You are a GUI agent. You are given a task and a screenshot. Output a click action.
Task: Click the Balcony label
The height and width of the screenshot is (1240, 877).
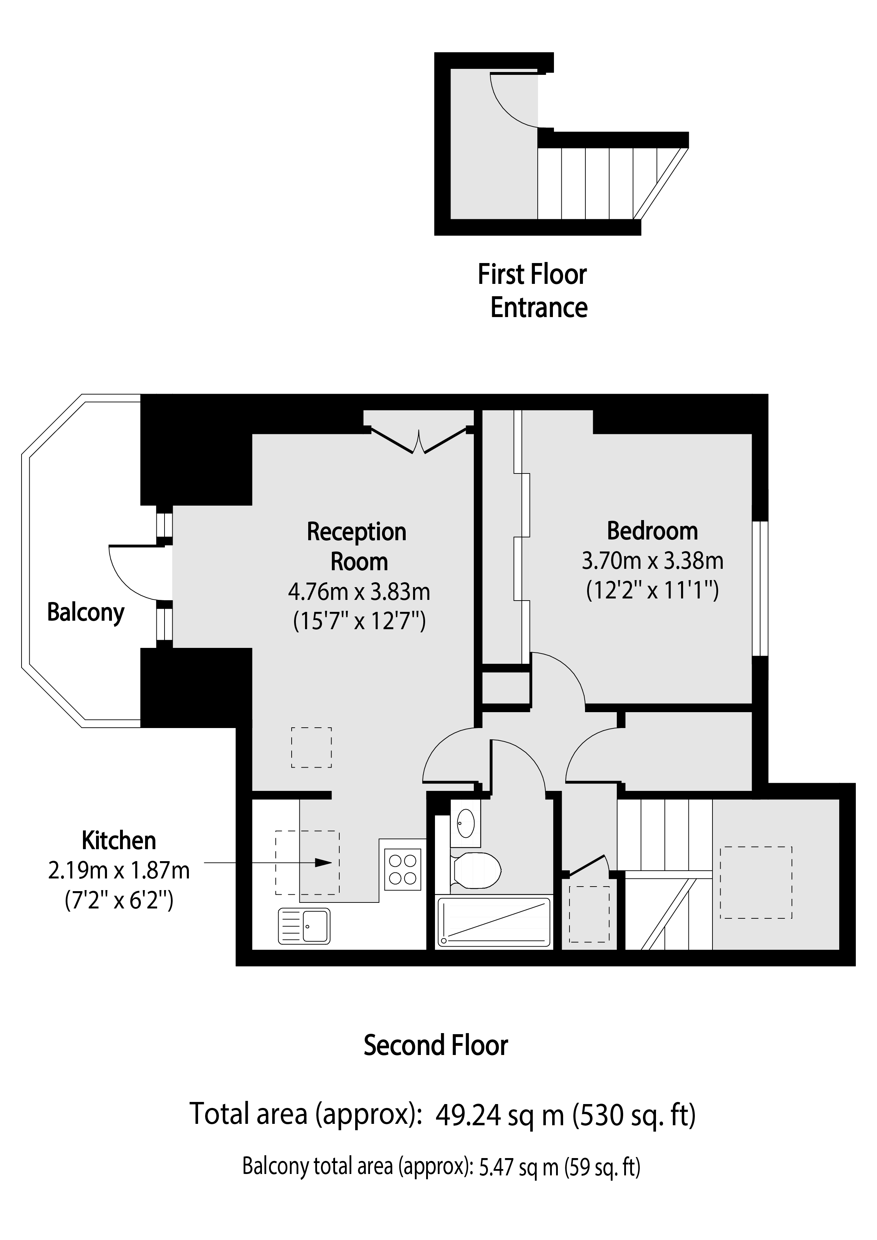click(86, 613)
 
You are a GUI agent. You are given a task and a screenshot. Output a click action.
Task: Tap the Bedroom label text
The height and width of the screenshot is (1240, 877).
click(652, 531)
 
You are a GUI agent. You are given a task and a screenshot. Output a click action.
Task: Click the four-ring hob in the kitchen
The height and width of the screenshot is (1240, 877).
click(403, 870)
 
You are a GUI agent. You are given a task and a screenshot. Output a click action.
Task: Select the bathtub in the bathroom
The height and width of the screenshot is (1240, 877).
click(494, 922)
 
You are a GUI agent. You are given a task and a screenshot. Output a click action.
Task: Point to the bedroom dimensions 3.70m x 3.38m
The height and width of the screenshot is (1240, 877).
click(652, 561)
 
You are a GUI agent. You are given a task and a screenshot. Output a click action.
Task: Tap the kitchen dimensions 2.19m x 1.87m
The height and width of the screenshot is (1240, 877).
click(119, 871)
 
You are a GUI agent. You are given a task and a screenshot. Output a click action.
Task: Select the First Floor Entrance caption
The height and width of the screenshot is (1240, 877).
click(533, 291)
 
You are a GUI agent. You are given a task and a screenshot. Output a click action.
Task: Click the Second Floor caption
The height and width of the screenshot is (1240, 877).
click(436, 1045)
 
